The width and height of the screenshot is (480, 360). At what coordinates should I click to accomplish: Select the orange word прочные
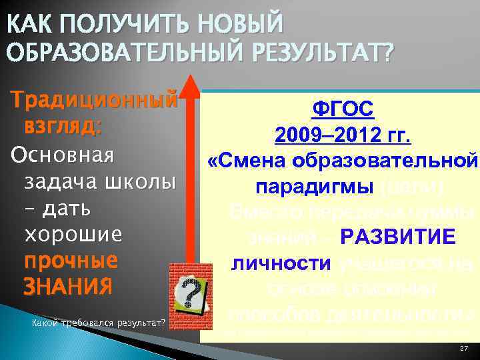70,261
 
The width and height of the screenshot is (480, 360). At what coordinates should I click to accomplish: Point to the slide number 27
463,349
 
